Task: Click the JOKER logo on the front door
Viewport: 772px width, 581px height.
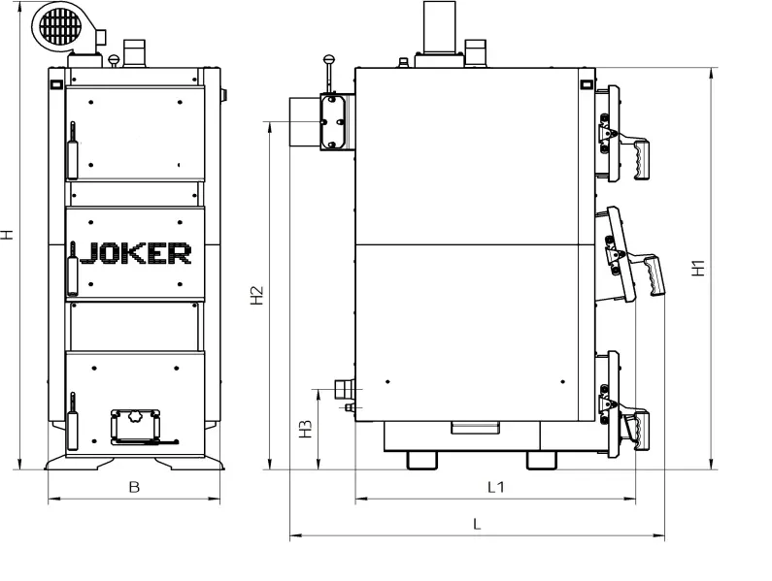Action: click(x=135, y=253)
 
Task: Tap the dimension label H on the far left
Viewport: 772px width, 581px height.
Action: click(x=7, y=234)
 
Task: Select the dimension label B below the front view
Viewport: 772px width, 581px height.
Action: click(x=134, y=487)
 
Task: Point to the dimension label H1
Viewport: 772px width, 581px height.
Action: click(x=698, y=268)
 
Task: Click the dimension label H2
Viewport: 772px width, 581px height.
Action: click(x=257, y=295)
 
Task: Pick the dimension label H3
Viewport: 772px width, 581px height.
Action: click(x=305, y=429)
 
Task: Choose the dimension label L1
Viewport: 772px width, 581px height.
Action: click(x=496, y=487)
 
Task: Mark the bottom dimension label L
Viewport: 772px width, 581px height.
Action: click(x=477, y=524)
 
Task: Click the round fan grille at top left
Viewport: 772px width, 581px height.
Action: click(x=60, y=25)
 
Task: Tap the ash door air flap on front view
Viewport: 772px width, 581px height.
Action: click(x=134, y=426)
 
